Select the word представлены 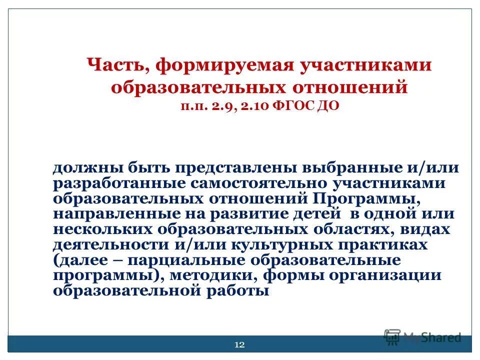[228, 168]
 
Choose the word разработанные [114, 183]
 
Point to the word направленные [110, 214]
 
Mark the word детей [318, 214]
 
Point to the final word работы [239, 291]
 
